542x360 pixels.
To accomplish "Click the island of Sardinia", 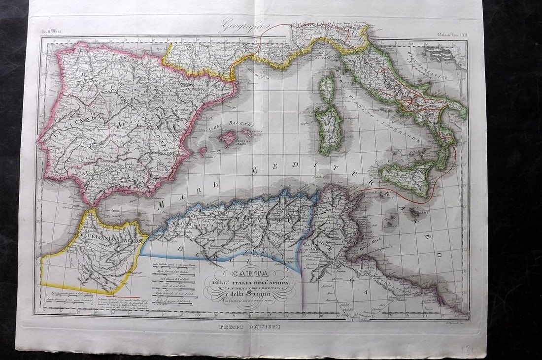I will tap(329, 129).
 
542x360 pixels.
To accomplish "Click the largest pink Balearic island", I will tap(228, 138).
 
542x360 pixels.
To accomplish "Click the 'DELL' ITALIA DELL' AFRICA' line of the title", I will tap(252, 283).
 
